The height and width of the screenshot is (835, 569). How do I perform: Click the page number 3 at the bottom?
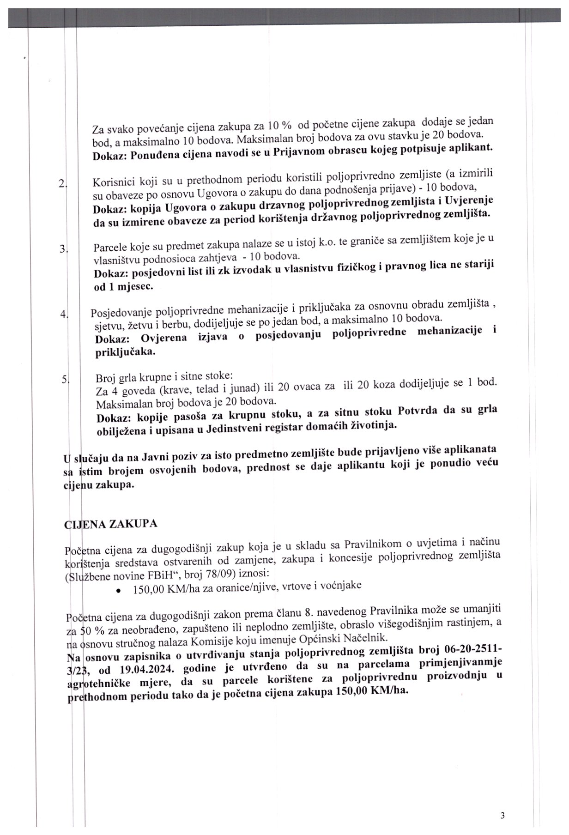[x=502, y=816]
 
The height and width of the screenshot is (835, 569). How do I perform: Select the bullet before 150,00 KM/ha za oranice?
[x=119, y=591]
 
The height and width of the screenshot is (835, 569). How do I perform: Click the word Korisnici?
[x=114, y=181]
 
